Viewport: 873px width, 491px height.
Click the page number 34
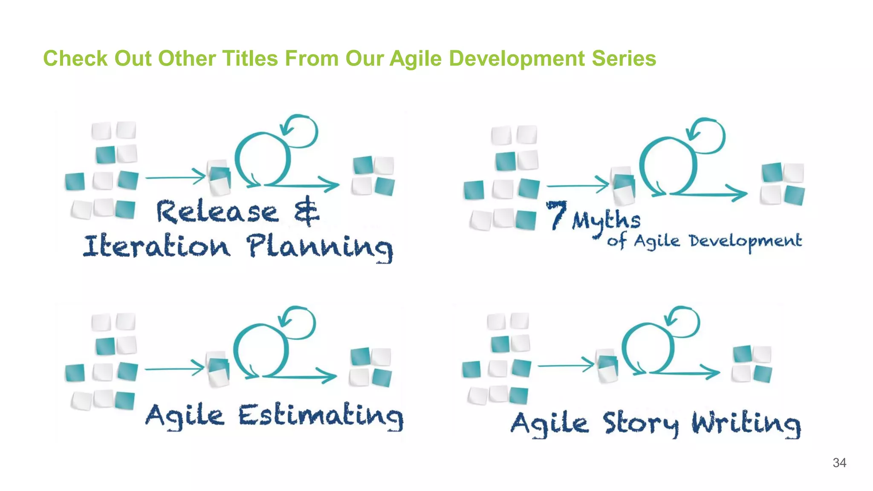839,463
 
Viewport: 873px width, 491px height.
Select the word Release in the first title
217,212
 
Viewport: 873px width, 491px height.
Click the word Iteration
156,246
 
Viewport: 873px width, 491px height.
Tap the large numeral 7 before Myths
556,215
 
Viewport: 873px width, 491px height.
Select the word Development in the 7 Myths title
746,241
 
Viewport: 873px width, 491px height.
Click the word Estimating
321,416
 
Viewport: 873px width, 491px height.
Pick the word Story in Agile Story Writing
641,424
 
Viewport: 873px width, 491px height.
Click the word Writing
746,424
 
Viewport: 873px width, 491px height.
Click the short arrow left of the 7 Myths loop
578,186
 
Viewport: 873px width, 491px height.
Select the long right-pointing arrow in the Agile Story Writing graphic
684,372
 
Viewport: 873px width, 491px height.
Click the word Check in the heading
75,58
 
